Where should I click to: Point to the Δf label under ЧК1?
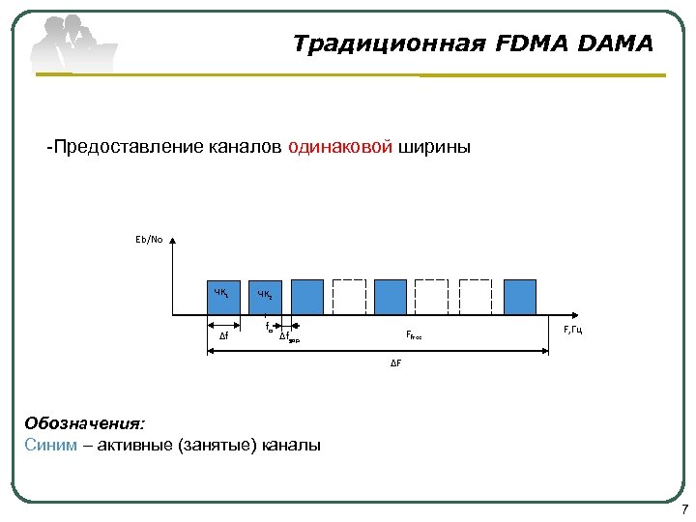223,336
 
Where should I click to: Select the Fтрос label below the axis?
414,335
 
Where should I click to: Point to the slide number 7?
684,510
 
